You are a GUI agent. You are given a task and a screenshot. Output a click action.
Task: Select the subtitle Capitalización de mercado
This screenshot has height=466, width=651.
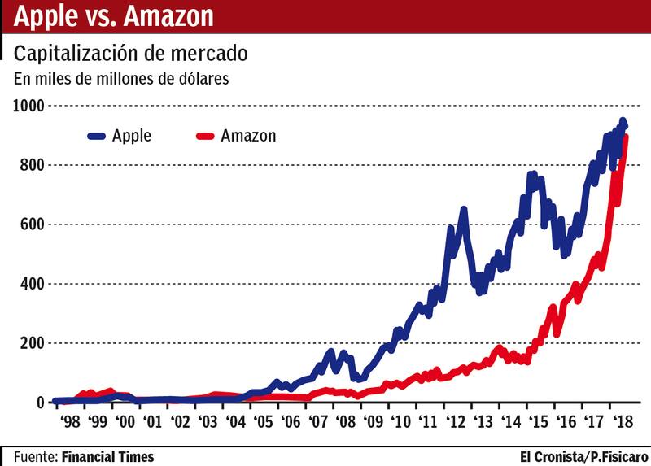pos(131,54)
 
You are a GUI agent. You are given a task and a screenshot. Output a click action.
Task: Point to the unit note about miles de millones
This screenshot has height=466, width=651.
pos(121,79)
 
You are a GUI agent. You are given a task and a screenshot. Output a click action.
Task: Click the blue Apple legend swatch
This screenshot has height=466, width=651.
pos(103,136)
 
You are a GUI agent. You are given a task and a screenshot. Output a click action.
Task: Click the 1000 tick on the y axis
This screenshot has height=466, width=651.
pos(28,106)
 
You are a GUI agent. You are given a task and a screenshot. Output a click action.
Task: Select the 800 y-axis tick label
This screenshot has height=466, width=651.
pos(33,165)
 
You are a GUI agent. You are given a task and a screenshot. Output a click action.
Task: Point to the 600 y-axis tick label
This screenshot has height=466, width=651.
pos(33,224)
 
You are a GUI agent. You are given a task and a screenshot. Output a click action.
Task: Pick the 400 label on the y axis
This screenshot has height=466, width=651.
pos(33,284)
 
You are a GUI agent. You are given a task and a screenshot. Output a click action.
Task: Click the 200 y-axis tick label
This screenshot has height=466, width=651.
pos(33,343)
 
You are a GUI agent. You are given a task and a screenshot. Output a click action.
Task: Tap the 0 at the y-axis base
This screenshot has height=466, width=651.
pos(39,403)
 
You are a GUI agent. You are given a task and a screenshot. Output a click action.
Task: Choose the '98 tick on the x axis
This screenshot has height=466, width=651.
pos(70,422)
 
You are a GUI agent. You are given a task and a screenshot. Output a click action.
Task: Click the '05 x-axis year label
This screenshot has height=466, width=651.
pos(263,422)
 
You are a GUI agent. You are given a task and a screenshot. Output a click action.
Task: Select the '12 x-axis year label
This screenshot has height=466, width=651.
pos(456,422)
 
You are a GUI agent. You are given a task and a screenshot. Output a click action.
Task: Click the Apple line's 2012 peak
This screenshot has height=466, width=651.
pos(463,211)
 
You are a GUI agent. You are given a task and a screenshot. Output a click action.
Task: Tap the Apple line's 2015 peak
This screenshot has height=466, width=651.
pos(532,174)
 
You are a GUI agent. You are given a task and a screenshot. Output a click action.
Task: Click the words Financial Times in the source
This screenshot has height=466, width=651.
pos(107,456)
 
